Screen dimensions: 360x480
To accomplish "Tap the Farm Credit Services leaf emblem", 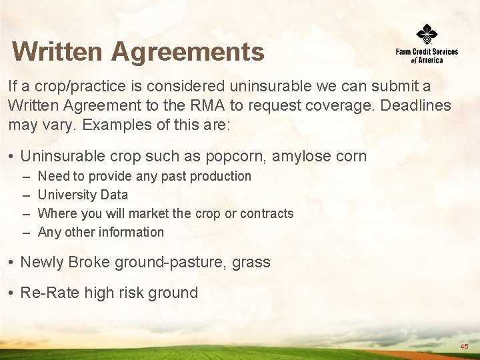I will click(x=427, y=33).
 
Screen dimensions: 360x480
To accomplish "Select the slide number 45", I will click(x=464, y=347).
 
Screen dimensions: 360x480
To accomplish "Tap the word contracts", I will click(x=267, y=213).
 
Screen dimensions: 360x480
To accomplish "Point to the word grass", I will click(x=251, y=262).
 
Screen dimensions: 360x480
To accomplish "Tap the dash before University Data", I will click(x=25, y=195).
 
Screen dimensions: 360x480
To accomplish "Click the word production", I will click(x=219, y=176).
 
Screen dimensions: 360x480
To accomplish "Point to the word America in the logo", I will click(x=431, y=60).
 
